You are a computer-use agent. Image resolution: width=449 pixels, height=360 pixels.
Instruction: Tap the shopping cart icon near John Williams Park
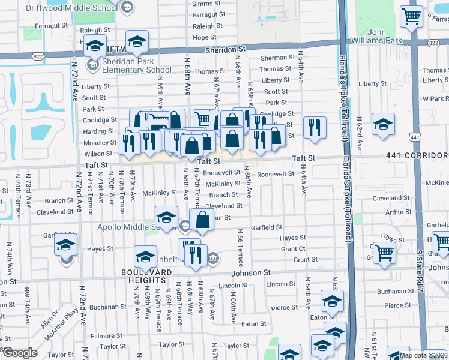click(411, 16)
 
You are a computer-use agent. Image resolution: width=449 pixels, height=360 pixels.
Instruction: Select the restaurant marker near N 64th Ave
click(315, 127)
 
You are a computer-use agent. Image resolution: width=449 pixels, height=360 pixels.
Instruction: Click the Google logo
click(20, 353)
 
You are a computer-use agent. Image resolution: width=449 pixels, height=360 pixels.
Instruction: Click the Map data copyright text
click(423, 355)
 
